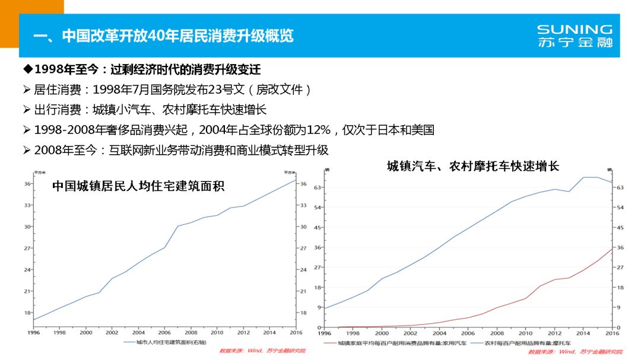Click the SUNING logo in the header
tap(574, 36)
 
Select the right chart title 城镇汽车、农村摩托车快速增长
tap(472, 167)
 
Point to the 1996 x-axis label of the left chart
tap(33, 333)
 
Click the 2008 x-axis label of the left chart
tap(191, 333)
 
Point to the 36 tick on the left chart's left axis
tap(27, 184)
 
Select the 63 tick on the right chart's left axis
tap(318, 187)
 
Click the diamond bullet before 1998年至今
tap(27, 70)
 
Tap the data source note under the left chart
tap(262, 351)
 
